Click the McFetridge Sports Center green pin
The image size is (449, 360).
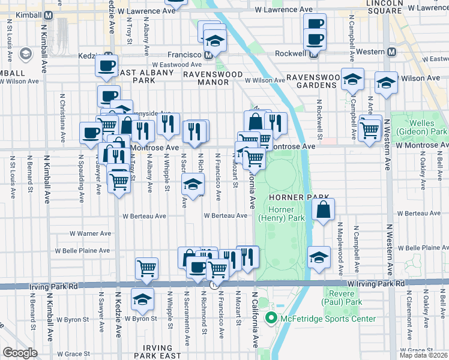click(x=271, y=319)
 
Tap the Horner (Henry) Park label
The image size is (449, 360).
click(x=276, y=214)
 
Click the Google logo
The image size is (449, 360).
click(x=20, y=352)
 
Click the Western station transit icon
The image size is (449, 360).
click(x=391, y=52)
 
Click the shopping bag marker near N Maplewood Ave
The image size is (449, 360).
click(x=323, y=209)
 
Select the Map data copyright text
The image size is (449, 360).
click(x=423, y=355)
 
